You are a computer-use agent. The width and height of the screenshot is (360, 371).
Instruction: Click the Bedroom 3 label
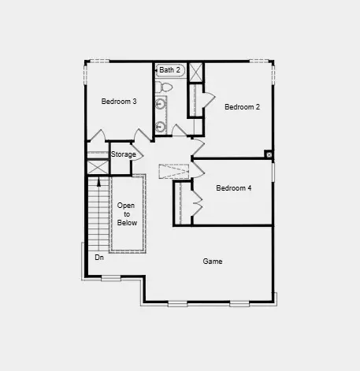point(119,102)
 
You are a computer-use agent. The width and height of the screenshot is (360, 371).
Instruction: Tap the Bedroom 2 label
point(242,107)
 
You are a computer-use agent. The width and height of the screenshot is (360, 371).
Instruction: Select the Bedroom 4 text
point(234,188)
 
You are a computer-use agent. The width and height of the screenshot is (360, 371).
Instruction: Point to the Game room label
point(213,262)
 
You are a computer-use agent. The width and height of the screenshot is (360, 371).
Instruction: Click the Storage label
point(124,154)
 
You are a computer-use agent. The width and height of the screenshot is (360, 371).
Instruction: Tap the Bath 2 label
point(169,70)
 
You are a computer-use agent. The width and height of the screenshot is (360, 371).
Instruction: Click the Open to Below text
point(127,214)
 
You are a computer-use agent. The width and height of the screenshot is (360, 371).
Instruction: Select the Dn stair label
point(99,258)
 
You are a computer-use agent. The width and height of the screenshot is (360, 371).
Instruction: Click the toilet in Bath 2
point(163,87)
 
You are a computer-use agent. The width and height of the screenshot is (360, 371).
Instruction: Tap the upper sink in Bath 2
point(160,105)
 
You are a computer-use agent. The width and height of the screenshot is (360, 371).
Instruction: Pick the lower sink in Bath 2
point(160,127)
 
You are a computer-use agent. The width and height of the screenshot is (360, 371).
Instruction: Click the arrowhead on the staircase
point(98,182)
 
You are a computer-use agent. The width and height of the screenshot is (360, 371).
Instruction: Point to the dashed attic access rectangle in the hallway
point(174,172)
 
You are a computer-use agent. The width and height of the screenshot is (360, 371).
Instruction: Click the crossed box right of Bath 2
point(196,72)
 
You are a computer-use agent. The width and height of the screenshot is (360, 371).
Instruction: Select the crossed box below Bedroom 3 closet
point(98,167)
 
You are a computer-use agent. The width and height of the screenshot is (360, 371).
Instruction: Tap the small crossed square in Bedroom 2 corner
point(269,155)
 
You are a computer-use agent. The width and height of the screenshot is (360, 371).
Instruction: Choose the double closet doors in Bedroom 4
point(198,202)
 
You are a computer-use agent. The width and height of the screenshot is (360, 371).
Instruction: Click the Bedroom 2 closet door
point(209,98)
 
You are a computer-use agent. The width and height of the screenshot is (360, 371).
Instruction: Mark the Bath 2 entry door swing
point(179,130)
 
